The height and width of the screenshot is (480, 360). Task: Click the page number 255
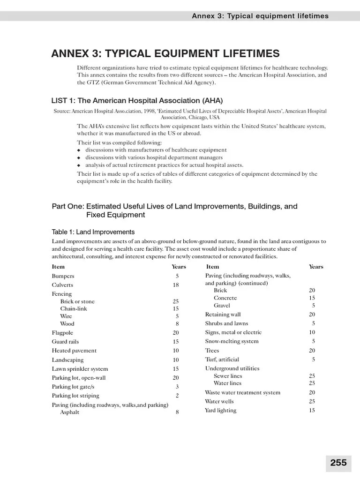coord(338,463)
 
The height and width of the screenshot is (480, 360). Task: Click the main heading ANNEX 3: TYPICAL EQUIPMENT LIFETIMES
coord(165,53)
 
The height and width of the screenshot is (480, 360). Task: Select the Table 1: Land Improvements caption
coord(93,232)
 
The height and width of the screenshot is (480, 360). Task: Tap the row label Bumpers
coord(63,276)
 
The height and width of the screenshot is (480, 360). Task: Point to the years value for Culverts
coord(176,285)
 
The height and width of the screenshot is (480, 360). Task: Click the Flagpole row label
coord(63,333)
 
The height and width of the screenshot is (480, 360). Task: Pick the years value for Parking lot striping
coord(177,396)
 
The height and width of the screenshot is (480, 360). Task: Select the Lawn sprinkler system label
coord(80,369)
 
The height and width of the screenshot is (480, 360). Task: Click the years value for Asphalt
coord(177,412)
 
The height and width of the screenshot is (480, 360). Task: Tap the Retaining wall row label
coord(223,315)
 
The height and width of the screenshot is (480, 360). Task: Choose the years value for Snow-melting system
coord(313,341)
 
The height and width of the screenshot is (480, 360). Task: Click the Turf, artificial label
coord(223,360)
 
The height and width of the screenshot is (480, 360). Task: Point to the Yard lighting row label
coord(220,411)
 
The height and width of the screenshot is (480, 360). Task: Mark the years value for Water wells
coord(312,402)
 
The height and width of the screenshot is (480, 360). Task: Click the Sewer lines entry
coord(228,376)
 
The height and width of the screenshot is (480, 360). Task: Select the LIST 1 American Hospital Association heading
coord(137,101)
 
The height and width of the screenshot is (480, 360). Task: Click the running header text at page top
coord(260,16)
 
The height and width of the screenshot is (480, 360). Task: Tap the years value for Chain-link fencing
coord(176,309)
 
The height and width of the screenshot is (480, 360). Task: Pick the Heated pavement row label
coord(74,351)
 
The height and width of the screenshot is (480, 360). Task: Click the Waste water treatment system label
coord(242,392)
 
